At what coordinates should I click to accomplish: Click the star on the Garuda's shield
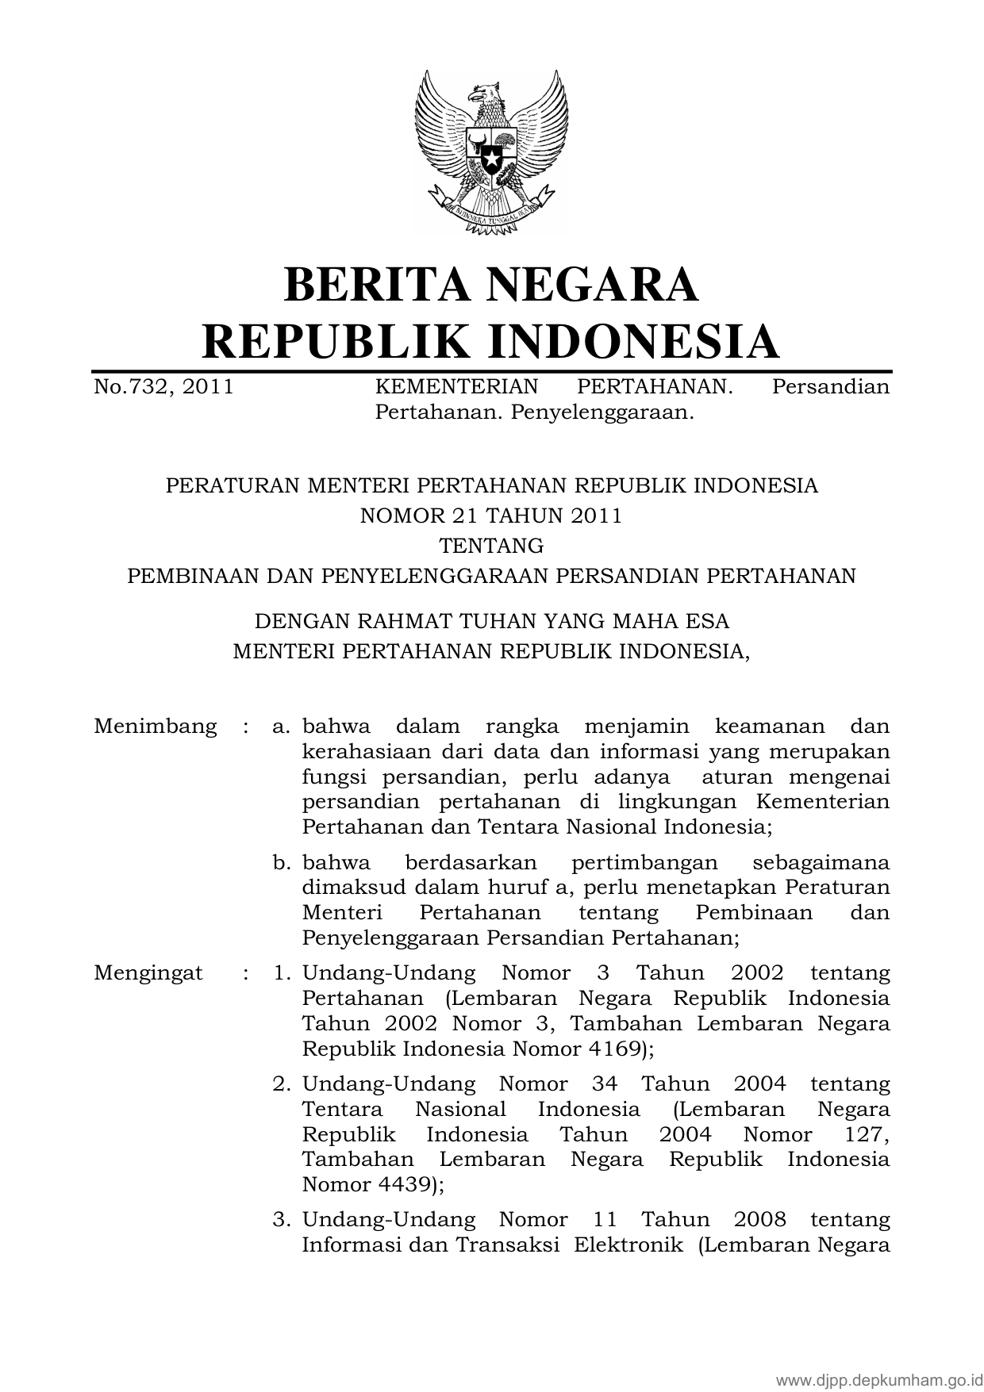pyautogui.click(x=492, y=158)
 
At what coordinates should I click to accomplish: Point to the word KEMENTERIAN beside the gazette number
pyautogui.click(x=456, y=387)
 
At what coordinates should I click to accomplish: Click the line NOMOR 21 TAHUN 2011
pyautogui.click(x=491, y=516)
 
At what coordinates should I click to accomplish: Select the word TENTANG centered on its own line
pyautogui.click(x=491, y=546)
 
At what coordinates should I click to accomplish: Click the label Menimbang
pyautogui.click(x=155, y=727)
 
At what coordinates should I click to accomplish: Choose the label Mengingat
pyautogui.click(x=148, y=973)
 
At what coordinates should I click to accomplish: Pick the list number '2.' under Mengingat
pyautogui.click(x=283, y=1084)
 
